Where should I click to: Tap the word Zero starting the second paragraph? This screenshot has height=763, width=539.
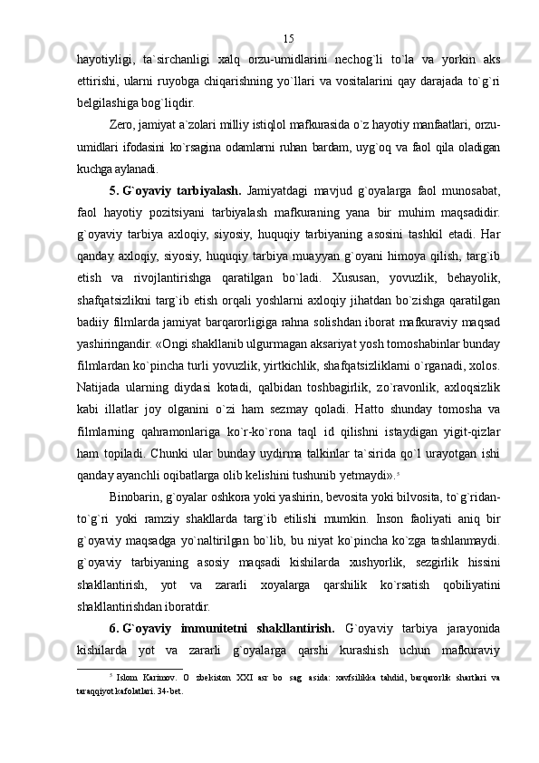tap(120, 123)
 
